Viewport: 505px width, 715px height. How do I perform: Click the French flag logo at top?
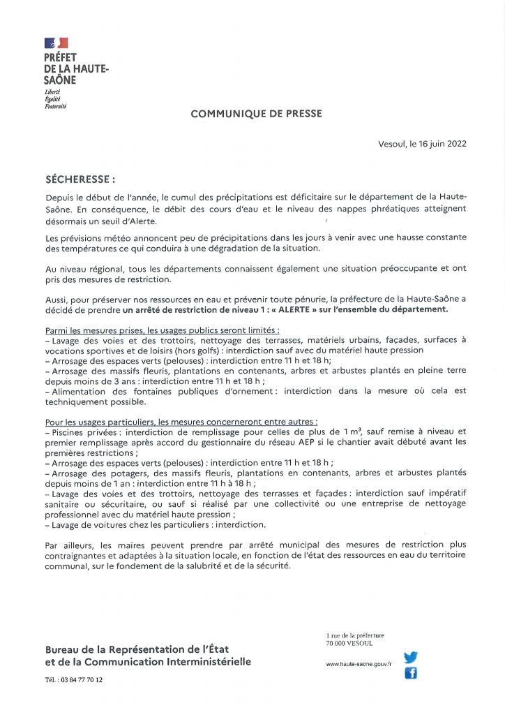coord(56,44)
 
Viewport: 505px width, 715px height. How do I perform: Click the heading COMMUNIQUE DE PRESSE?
coord(256,113)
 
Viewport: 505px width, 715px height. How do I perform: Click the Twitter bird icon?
coord(411,657)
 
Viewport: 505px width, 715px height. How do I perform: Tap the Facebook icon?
coord(411,673)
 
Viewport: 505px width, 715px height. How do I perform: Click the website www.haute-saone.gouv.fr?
coord(359,665)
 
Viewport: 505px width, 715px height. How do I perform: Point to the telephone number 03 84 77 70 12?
coord(81,679)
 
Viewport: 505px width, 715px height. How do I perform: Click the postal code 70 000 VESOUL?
coord(349,643)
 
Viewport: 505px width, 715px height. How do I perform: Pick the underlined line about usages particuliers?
coord(181,422)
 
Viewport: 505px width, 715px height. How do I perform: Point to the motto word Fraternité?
coord(55,106)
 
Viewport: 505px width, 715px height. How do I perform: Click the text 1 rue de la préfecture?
coord(354,635)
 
